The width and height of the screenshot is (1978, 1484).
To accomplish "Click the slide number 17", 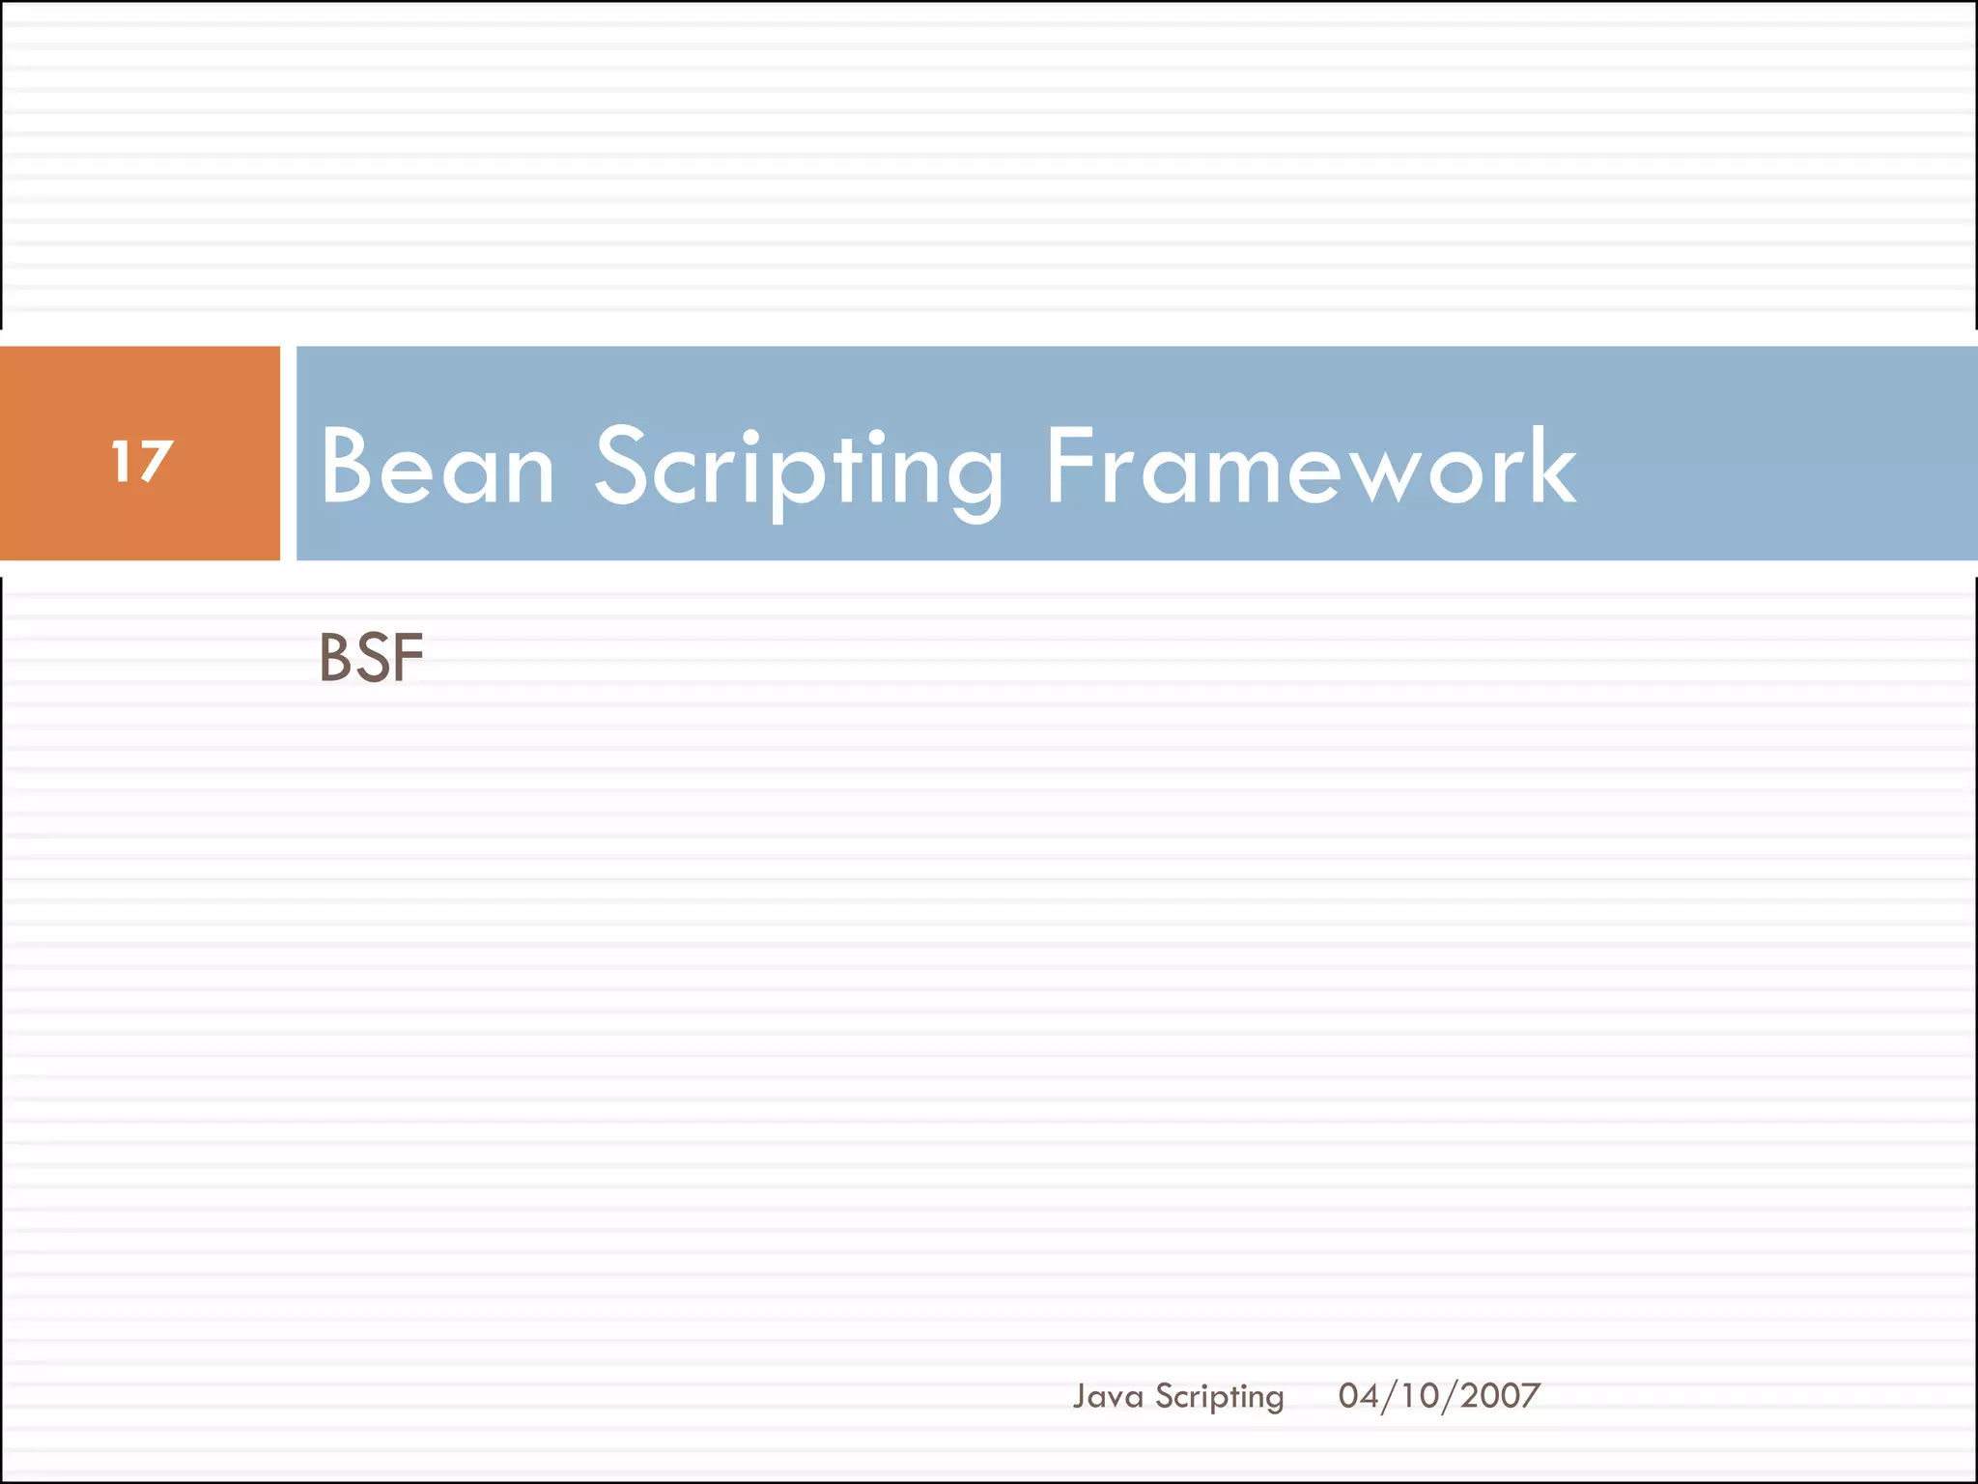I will [x=142, y=461].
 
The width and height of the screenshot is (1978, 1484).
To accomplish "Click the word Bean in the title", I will [x=438, y=468].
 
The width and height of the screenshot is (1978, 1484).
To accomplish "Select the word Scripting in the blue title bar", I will [x=799, y=470].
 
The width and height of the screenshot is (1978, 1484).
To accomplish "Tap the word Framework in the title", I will [x=1311, y=468].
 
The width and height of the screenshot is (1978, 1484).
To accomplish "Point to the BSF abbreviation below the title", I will [x=371, y=658].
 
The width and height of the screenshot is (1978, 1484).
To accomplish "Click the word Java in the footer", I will [x=1108, y=1396].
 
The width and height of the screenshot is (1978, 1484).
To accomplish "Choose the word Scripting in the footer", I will [x=1219, y=1397].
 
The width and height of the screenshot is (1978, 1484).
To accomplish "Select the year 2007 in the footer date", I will [x=1500, y=1395].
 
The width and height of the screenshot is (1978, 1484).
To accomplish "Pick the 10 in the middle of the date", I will [x=1421, y=1395].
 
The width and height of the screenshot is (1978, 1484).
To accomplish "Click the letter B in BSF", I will [x=336, y=658].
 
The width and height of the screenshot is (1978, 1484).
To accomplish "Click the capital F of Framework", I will [x=1073, y=468].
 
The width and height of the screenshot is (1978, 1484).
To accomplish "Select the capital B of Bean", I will [x=347, y=468].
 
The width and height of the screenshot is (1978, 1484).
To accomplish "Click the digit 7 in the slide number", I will [x=155, y=462].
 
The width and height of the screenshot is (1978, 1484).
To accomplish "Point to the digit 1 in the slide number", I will [x=121, y=461].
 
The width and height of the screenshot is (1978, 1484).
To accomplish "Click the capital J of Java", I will [x=1081, y=1396].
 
